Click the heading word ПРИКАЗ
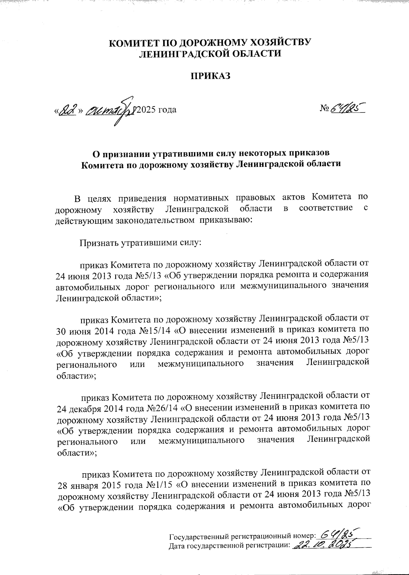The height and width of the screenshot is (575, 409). pyautogui.click(x=210, y=76)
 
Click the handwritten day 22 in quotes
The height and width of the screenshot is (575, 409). pyautogui.click(x=67, y=110)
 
